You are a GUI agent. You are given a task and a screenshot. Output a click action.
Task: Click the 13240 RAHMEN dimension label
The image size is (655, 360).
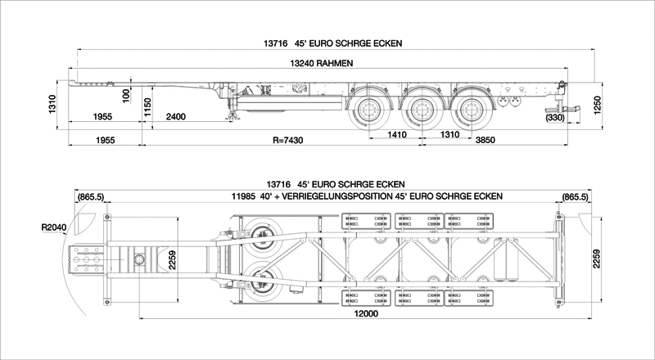(x=321, y=64)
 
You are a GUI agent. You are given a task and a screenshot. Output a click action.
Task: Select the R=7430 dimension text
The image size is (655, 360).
(x=288, y=141)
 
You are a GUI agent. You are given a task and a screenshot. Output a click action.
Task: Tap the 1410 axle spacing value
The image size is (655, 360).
(x=396, y=134)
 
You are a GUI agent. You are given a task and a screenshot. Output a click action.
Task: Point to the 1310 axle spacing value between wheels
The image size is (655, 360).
(x=449, y=134)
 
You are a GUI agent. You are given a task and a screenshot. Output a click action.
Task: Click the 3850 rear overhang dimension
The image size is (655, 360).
(x=485, y=140)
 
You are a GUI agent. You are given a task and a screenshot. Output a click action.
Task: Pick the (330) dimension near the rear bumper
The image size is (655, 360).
(x=555, y=118)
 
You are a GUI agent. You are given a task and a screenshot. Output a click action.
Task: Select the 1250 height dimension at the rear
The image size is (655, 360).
(x=598, y=106)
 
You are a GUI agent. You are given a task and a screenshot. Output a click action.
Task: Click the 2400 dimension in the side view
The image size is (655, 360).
(x=176, y=116)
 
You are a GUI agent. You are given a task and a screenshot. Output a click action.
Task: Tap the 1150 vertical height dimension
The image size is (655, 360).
(x=147, y=108)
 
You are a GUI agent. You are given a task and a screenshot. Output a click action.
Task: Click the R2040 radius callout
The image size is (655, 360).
(x=54, y=227)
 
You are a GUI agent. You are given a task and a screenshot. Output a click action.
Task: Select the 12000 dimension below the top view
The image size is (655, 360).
(x=365, y=313)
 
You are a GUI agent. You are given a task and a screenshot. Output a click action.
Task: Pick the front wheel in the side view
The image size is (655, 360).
(x=369, y=110)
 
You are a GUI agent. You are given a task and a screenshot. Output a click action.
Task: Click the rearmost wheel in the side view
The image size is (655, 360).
(x=472, y=110)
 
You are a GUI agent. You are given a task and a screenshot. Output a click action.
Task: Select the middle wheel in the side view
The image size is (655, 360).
(x=421, y=110)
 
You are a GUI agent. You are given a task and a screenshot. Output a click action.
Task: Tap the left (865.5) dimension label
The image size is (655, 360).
(x=91, y=196)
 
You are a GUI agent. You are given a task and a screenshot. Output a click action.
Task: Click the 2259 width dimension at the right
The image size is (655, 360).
(x=597, y=259)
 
